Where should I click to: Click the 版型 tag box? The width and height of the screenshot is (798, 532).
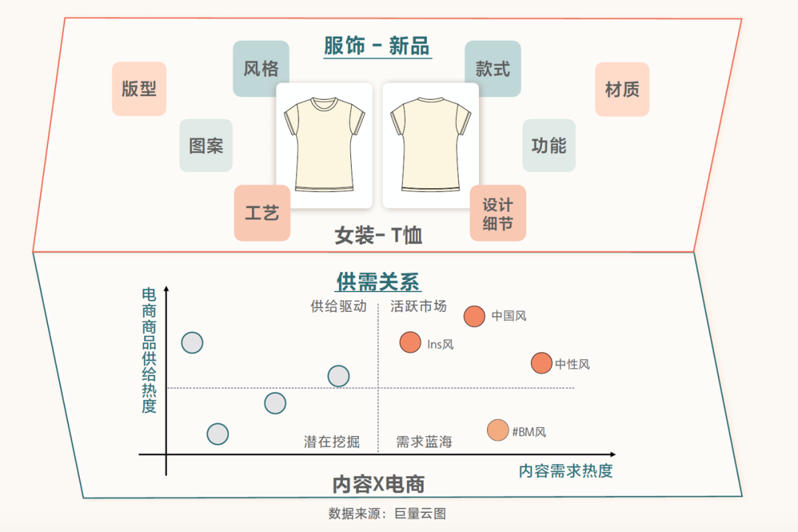(x=139, y=89)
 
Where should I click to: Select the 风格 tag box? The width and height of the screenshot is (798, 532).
(x=261, y=69)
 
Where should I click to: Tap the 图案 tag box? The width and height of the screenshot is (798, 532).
(x=206, y=146)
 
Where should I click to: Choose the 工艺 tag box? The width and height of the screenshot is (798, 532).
(x=262, y=213)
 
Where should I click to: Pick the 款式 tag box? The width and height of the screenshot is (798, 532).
(x=493, y=69)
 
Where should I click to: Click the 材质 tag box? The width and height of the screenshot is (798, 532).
(x=622, y=89)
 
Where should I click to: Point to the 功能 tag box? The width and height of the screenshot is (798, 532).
(x=549, y=146)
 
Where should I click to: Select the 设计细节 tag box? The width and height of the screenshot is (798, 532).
(x=497, y=213)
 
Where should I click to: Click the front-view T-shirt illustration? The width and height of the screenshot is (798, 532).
(x=324, y=146)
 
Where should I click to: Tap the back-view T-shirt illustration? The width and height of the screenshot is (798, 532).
(x=431, y=146)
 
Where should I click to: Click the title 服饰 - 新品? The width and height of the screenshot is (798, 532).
(x=377, y=46)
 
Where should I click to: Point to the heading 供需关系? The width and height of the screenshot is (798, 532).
(x=378, y=282)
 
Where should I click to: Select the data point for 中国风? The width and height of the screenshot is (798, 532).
(x=474, y=316)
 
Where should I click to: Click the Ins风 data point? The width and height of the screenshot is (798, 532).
(x=410, y=342)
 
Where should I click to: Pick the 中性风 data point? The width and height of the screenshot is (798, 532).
(x=542, y=363)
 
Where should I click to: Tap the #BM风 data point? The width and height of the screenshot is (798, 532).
(x=498, y=430)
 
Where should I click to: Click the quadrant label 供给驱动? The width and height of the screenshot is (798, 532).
(x=338, y=306)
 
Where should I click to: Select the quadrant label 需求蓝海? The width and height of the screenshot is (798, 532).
(x=424, y=442)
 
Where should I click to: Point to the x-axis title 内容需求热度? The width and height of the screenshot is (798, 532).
(x=566, y=471)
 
